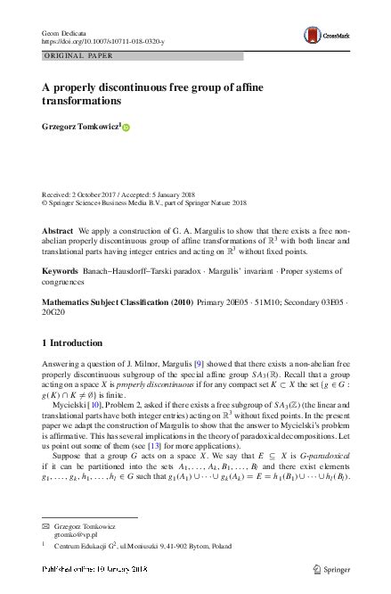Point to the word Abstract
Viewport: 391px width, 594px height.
tap(58, 229)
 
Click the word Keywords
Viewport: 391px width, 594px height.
tap(60, 268)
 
